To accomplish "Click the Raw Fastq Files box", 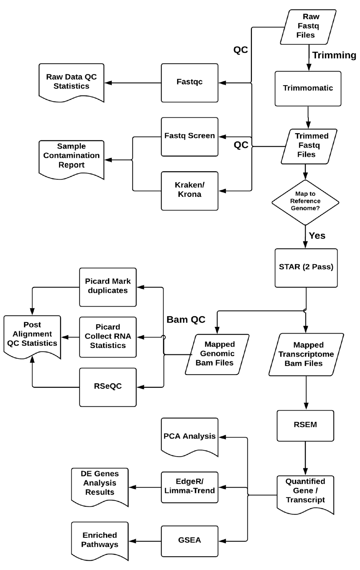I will [308, 26].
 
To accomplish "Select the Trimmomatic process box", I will [308, 88].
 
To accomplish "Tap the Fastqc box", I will [189, 82].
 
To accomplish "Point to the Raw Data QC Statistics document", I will [71, 82].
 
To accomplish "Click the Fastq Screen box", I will [189, 136].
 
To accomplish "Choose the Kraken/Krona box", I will [189, 190].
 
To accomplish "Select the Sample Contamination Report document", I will [71, 156].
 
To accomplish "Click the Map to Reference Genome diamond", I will [305, 202].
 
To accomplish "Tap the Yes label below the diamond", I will [317, 236].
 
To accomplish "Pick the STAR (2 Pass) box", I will [306, 267].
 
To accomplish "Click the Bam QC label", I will [186, 320].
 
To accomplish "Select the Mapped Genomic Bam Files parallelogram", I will [217, 354].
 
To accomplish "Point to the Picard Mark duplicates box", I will [108, 286].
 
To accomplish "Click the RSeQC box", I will [108, 387].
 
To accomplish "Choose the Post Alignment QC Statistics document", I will [32, 335].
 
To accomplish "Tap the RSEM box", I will [305, 425].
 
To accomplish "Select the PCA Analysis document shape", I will [189, 436].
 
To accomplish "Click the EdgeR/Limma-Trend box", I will [189, 487].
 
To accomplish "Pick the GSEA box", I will [189, 540].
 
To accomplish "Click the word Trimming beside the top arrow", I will [334, 55].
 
